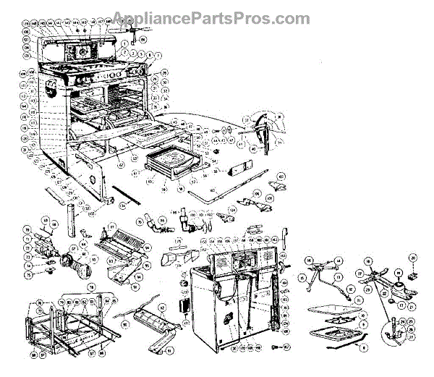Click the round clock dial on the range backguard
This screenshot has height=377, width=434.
[x=83, y=51]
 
